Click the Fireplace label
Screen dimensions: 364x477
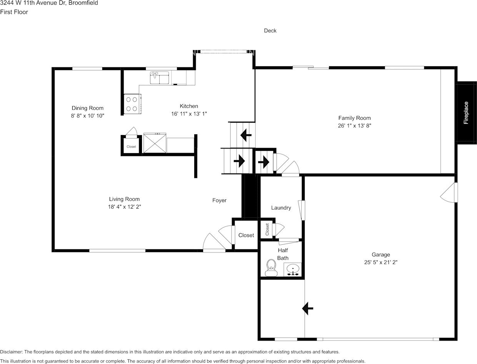coord(466,113)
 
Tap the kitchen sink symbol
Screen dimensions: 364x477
coord(159,77)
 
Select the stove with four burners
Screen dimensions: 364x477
coord(132,104)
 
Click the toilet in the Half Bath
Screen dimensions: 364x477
coord(271,267)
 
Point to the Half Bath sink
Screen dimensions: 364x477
coord(293,269)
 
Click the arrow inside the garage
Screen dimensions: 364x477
coord(308,308)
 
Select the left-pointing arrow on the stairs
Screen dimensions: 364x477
coord(245,135)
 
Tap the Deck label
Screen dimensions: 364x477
coord(270,30)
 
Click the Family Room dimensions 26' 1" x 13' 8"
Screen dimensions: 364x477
coord(354,125)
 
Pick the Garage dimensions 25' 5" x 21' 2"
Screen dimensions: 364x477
coord(380,262)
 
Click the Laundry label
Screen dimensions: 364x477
coord(281,208)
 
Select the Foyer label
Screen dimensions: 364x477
coord(219,200)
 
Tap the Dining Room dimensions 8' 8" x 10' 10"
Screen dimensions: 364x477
coord(88,115)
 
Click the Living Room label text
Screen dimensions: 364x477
coord(124,199)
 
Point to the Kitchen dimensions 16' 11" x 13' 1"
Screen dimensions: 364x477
coord(189,114)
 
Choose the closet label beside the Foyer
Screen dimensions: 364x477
coord(246,235)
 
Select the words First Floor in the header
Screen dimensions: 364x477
coord(14,12)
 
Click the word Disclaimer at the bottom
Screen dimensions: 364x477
coord(11,352)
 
